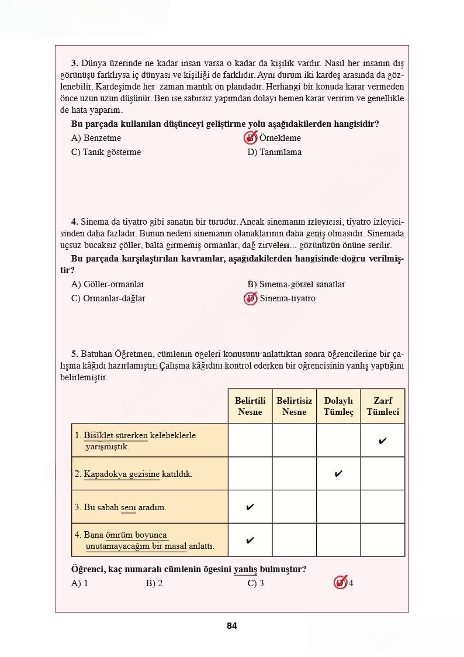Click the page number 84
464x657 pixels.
coord(232,626)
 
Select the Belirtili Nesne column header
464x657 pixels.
coord(250,406)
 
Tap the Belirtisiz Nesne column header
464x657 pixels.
coord(294,406)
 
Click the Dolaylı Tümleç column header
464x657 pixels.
coord(338,406)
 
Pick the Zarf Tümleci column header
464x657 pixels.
coord(383,406)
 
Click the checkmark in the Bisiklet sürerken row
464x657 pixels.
coord(383,441)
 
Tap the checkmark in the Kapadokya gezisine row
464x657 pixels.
coord(338,474)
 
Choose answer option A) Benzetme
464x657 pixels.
coord(96,139)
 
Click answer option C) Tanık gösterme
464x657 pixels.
coord(106,152)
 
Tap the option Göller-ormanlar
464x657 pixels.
coord(108,284)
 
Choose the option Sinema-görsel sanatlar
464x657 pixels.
coord(296,284)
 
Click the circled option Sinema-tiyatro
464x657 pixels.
coord(281,298)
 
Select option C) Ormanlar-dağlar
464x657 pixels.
coord(108,298)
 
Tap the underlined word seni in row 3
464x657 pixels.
coord(128,507)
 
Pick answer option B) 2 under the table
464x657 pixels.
coord(154,583)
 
